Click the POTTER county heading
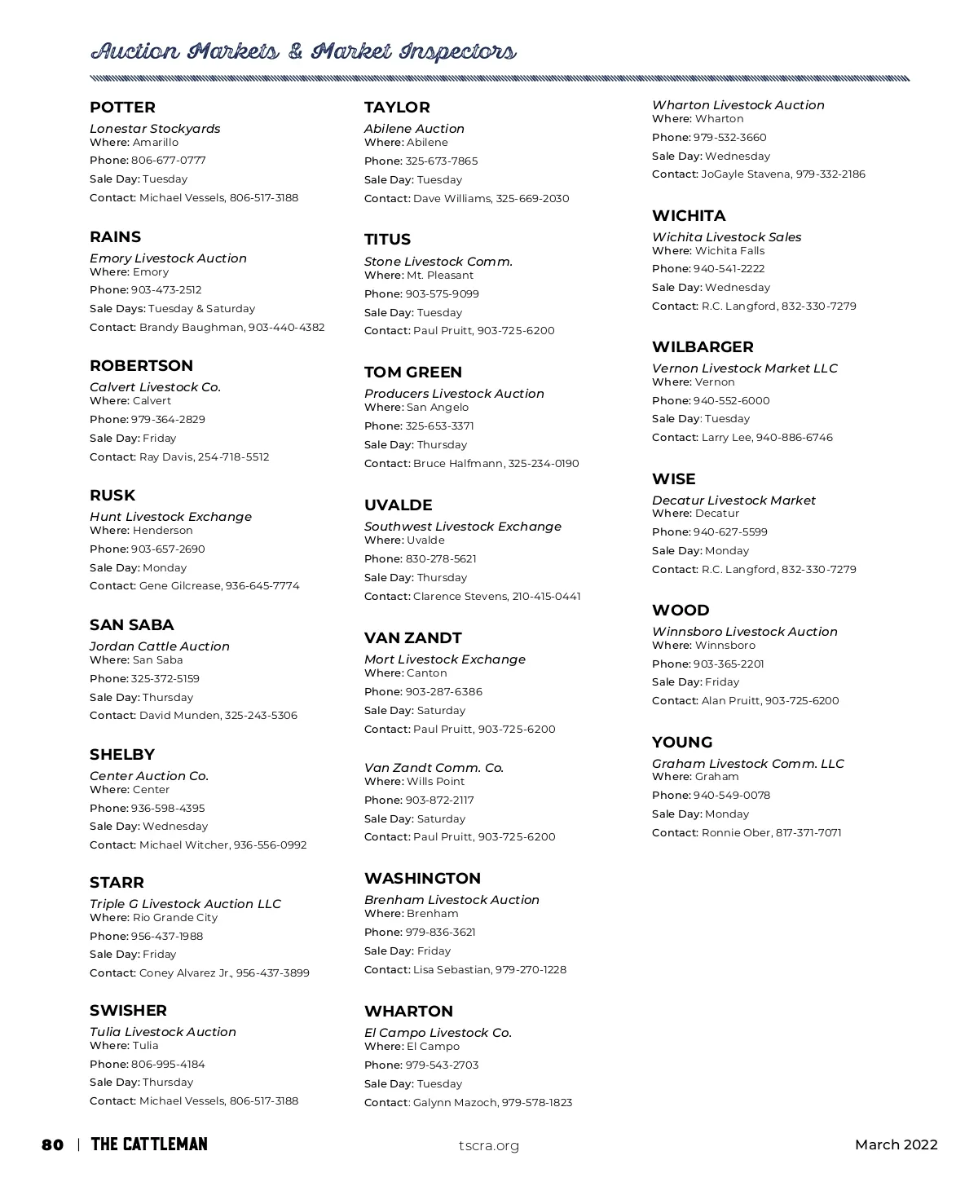(x=122, y=108)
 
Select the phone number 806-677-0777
(x=168, y=161)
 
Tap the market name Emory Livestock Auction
(x=168, y=258)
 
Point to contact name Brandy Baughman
(x=192, y=328)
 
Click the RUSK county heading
(x=112, y=496)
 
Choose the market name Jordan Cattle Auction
(x=160, y=646)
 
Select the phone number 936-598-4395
(x=168, y=809)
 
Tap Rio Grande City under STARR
(x=175, y=918)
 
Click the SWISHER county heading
(x=128, y=1011)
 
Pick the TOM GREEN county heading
(x=413, y=373)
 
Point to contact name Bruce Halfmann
(x=458, y=464)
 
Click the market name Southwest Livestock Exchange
(x=463, y=527)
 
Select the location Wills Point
(x=435, y=782)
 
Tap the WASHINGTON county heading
(x=422, y=879)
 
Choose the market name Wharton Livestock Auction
(x=738, y=105)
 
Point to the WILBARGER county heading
(x=703, y=347)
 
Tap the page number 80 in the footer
(x=52, y=1145)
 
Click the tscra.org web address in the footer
(x=489, y=1146)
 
